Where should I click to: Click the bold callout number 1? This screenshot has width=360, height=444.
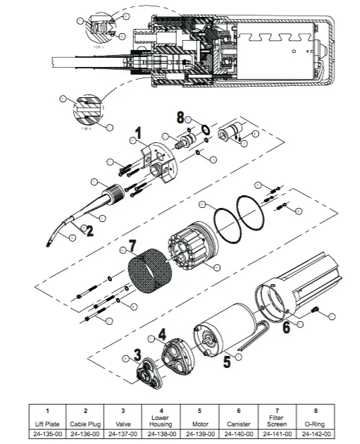[138, 132]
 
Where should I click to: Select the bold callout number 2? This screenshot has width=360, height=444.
[89, 231]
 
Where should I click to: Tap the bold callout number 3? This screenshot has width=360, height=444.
[138, 352]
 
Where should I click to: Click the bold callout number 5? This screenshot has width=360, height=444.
[227, 363]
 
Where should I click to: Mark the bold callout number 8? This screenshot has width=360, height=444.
[180, 117]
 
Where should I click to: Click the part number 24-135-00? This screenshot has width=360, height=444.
[46, 434]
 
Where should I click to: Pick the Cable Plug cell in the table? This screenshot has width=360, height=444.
[85, 425]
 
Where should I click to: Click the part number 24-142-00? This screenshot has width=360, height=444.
[314, 434]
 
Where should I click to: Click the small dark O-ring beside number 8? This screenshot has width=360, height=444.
[204, 130]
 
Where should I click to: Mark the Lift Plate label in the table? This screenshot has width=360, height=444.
[46, 425]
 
